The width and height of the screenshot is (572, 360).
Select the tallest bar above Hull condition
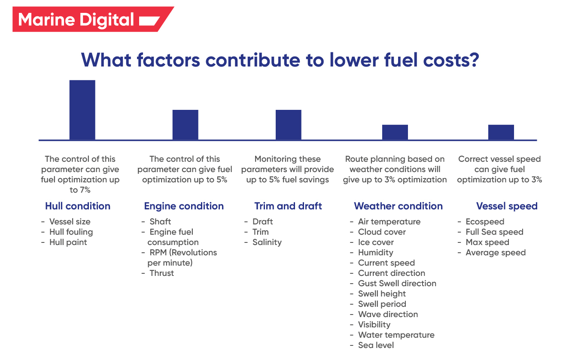(82, 110)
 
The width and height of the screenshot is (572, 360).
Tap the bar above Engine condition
(185, 124)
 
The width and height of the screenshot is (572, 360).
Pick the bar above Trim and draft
(288, 124)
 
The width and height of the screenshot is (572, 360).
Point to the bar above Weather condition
(395, 132)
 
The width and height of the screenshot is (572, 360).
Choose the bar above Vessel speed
(501, 132)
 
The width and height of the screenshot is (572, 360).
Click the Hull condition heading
(78, 206)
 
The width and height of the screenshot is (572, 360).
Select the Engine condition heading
(184, 206)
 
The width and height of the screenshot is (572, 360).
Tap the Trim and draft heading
(288, 206)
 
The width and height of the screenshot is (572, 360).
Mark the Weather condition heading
(398, 206)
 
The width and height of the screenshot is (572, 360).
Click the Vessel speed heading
(507, 206)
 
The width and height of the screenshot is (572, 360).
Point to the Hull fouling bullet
(71, 232)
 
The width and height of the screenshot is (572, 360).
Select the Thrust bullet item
(161, 273)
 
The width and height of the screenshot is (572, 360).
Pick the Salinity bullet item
(267, 242)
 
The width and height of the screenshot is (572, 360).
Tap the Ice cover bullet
(376, 242)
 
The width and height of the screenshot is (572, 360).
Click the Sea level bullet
(376, 345)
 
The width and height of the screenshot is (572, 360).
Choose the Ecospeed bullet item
(485, 222)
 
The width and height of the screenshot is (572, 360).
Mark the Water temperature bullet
(396, 335)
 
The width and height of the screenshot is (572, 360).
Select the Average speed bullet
(496, 253)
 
